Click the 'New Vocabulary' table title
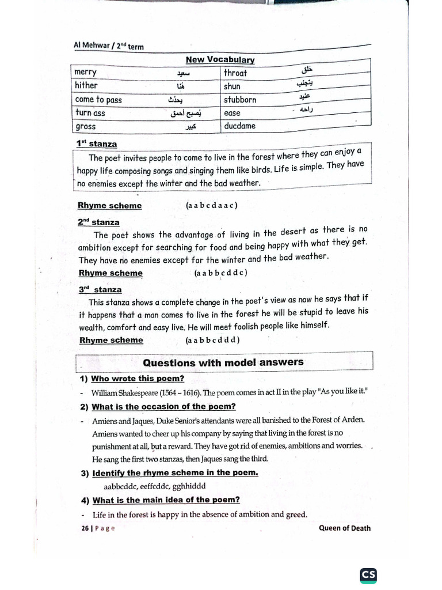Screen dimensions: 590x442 tap(220, 59)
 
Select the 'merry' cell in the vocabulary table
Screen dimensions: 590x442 tap(86, 72)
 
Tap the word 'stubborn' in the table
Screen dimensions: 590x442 tap(240, 100)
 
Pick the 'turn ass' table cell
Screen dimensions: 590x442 tap(90, 113)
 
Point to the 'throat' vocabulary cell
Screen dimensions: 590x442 tap(235, 73)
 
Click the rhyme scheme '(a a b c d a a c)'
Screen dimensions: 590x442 tap(212, 205)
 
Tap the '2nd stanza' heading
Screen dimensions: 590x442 tap(98, 222)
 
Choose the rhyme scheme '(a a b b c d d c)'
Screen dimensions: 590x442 tap(220, 273)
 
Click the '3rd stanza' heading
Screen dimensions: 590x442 tap(100, 290)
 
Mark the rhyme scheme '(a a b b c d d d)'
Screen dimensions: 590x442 tap(212, 340)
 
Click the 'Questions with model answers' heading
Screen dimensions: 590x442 tap(223, 362)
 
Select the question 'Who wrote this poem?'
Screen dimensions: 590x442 tap(138, 379)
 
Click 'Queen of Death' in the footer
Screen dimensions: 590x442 tap(345, 528)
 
